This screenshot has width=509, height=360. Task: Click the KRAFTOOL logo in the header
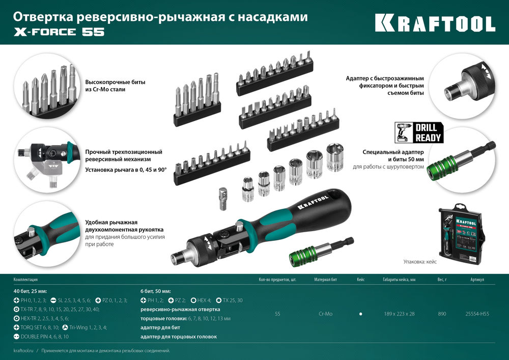[435, 23]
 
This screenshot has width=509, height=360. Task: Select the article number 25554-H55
[477, 314]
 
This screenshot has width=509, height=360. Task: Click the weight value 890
[442, 314]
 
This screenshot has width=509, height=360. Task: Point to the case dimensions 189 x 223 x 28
[399, 314]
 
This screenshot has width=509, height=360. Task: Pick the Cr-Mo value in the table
[326, 314]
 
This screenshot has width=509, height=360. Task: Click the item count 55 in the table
[277, 314]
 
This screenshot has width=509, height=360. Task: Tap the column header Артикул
[477, 280]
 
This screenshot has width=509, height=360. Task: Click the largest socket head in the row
[334, 157]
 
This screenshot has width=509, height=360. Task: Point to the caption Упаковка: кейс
[420, 261]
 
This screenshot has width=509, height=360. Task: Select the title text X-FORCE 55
[58, 32]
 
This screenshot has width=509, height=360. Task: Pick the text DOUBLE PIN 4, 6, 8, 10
[44, 337]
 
